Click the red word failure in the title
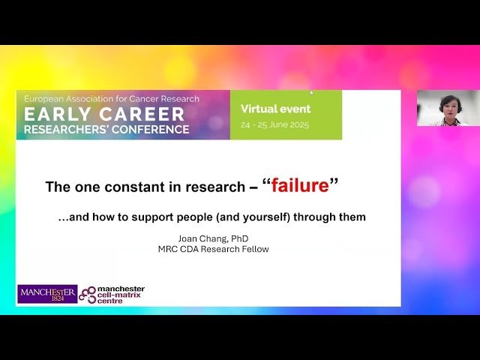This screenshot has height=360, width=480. tap(300, 185)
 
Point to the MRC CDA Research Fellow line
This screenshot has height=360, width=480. tap(213, 249)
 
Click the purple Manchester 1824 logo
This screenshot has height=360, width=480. tap(46, 293)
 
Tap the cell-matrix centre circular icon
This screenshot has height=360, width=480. tap(88, 293)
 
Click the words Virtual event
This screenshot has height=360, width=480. tap(275, 109)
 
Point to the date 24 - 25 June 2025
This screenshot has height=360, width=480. tap(276, 124)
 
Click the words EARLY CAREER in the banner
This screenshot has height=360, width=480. tap(104, 115)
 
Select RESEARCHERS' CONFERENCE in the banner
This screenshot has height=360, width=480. tap(106, 129)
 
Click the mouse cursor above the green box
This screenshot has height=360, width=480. tap(312, 93)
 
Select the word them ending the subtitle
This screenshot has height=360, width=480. tap(352, 217)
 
